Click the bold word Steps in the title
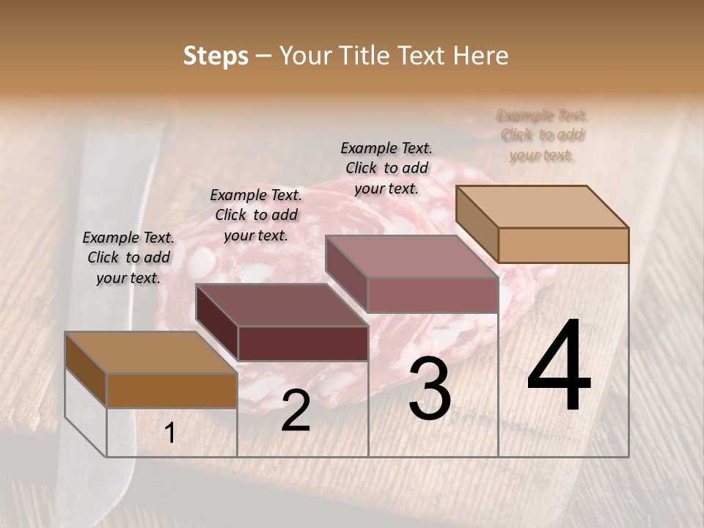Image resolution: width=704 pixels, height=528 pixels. (216, 56)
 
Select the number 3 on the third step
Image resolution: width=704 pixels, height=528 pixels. (429, 390)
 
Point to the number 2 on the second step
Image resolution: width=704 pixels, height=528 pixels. (296, 411)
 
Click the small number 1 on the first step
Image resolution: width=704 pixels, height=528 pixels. (169, 433)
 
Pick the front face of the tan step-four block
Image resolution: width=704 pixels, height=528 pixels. (563, 245)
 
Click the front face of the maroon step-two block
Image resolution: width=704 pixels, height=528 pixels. (302, 343)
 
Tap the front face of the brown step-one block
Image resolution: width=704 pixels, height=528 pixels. (172, 391)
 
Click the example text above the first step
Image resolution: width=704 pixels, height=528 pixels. (128, 257)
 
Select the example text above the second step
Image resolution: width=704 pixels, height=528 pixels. (256, 215)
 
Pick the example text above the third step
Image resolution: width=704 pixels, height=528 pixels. (386, 168)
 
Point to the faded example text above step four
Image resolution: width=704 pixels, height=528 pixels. (543, 135)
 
